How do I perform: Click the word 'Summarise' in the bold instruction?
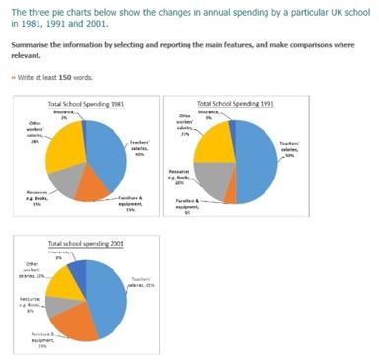tap(27, 45)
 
